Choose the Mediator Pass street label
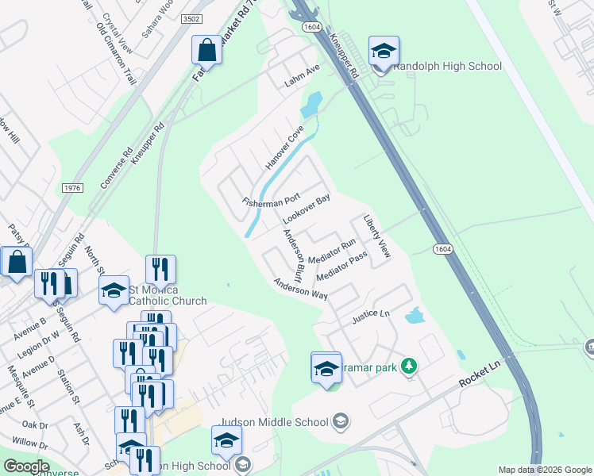pos(341,267)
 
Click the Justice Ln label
pos(376,313)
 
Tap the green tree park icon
pos(409,366)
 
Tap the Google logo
pos(25,466)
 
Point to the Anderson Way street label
pos(300,288)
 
